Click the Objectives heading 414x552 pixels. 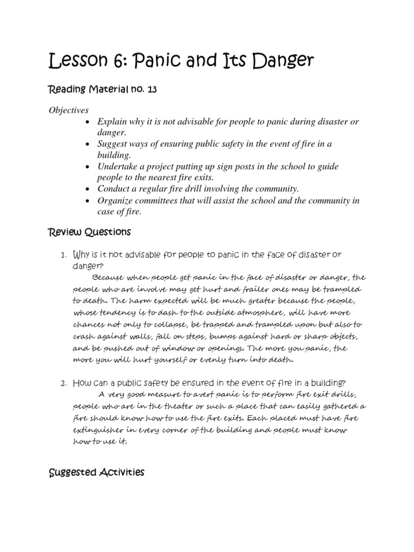(x=68, y=110)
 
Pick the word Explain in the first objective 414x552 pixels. (x=112, y=121)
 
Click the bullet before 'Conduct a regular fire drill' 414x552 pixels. (x=87, y=189)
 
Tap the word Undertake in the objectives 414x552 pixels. (x=118, y=167)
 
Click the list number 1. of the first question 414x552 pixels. (x=63, y=254)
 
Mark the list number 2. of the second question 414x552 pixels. (x=63, y=383)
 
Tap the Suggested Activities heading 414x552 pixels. (x=96, y=473)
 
